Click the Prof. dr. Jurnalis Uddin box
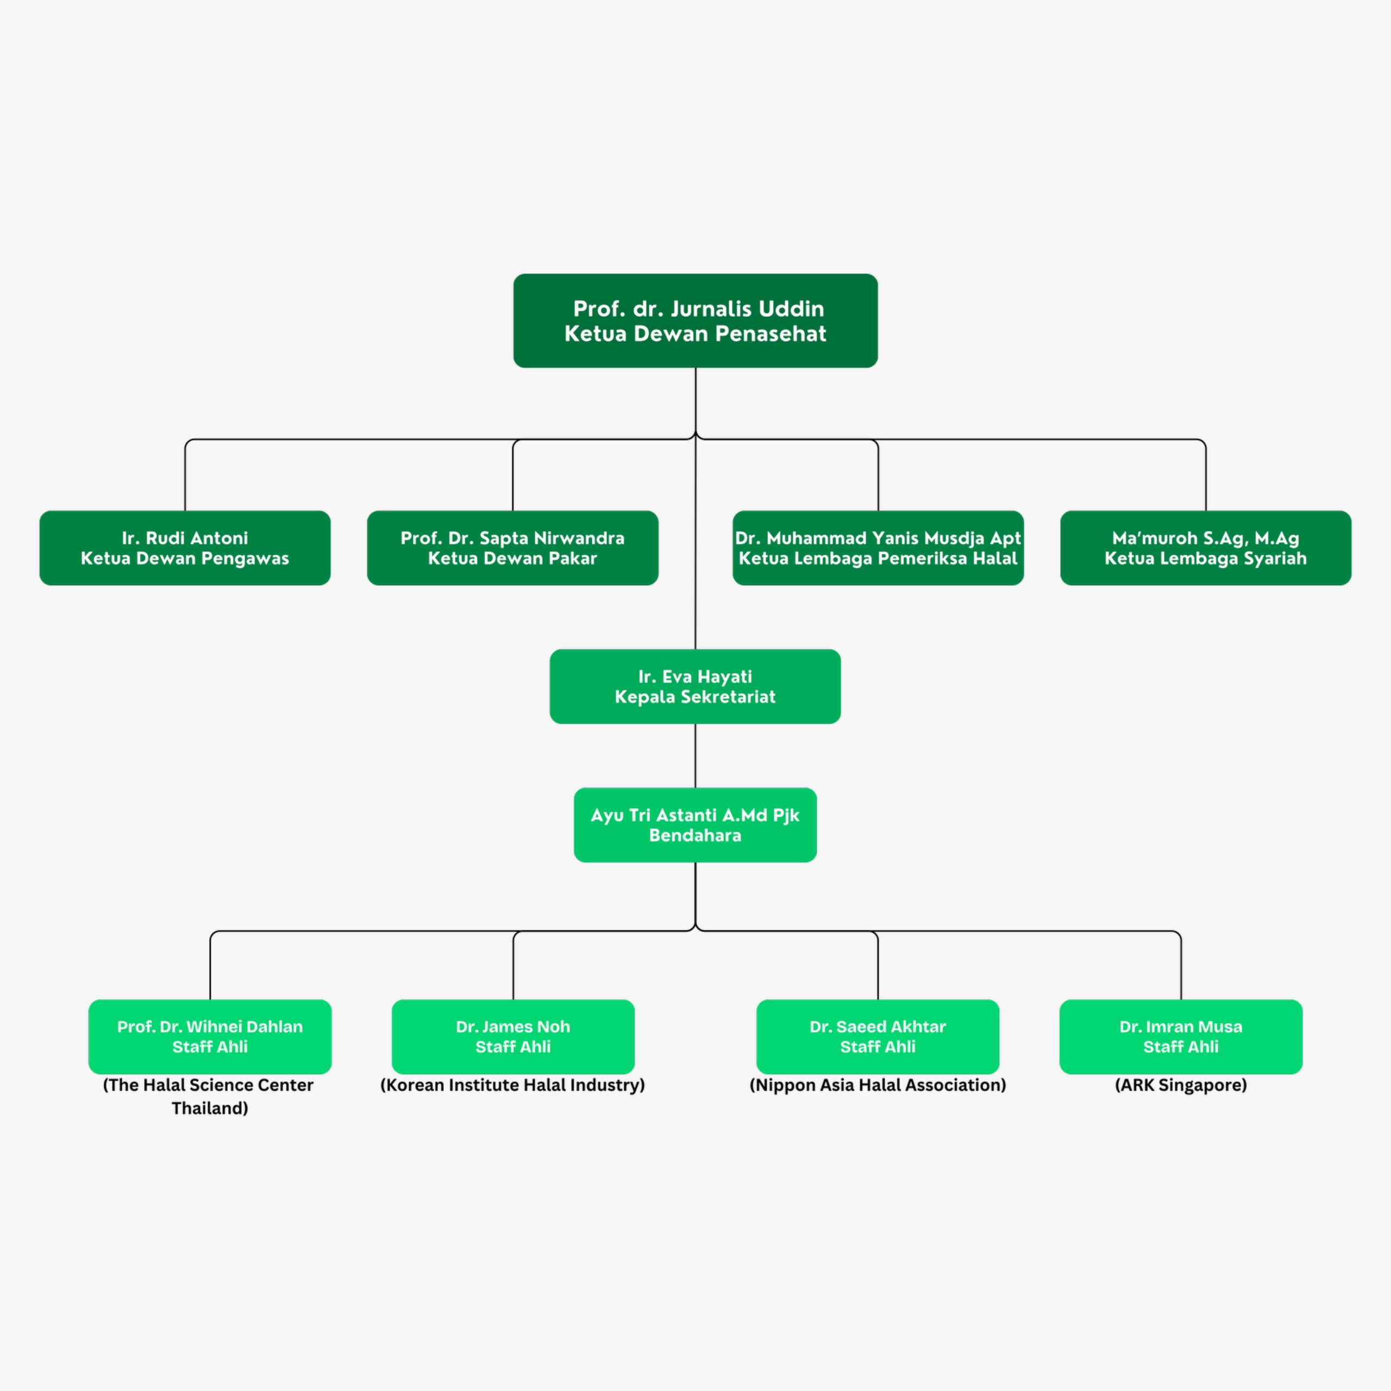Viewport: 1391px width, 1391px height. click(x=695, y=321)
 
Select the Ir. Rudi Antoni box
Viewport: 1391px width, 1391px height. click(x=185, y=548)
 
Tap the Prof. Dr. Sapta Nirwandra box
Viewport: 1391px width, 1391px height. click(x=512, y=548)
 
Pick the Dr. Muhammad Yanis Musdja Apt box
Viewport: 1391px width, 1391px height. click(x=878, y=548)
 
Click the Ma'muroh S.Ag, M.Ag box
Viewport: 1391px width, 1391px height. click(x=1205, y=548)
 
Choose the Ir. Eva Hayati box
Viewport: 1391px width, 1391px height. click(x=695, y=686)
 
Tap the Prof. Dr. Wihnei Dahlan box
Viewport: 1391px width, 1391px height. click(x=210, y=1036)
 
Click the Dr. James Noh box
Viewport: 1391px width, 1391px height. click(x=512, y=1036)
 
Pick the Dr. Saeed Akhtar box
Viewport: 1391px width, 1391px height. click(x=878, y=1036)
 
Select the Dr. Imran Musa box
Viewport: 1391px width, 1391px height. click(x=1181, y=1036)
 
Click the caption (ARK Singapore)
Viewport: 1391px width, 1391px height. click(x=1181, y=1085)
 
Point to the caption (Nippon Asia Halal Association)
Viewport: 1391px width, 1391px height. click(x=878, y=1085)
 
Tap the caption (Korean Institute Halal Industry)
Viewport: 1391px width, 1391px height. click(x=512, y=1085)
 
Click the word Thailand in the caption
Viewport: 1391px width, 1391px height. click(x=210, y=1108)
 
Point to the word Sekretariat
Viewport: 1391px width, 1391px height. click(x=728, y=697)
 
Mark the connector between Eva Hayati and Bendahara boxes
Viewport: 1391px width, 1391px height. click(x=695, y=755)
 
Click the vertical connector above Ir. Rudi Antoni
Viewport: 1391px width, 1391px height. click(x=185, y=475)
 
